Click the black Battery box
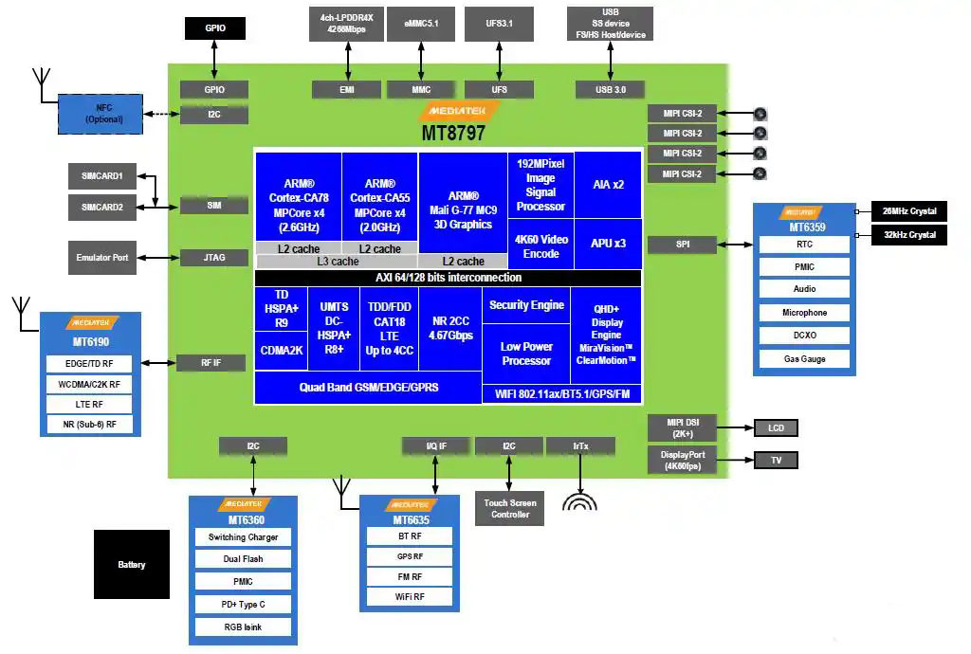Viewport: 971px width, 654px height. point(131,564)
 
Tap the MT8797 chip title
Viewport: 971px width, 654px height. point(453,134)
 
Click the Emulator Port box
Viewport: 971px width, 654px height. point(102,258)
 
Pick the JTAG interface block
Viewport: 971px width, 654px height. point(214,258)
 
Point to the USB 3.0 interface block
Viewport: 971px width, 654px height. point(610,89)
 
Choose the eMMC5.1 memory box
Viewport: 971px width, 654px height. point(421,23)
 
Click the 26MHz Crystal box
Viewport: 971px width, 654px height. point(908,211)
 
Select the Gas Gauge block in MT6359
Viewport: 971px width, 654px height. point(804,359)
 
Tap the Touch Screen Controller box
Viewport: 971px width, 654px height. point(509,509)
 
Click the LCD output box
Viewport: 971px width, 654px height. point(776,428)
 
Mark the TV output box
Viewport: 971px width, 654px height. point(776,461)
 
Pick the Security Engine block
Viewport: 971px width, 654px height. point(526,305)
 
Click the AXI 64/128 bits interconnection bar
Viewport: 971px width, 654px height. point(448,278)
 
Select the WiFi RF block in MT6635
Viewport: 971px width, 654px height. point(410,597)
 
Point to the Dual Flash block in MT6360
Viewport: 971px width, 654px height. point(243,559)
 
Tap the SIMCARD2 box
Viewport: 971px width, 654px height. point(102,207)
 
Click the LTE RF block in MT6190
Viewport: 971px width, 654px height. point(90,405)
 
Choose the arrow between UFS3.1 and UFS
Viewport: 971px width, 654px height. point(499,61)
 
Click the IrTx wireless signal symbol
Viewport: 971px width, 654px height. point(580,500)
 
